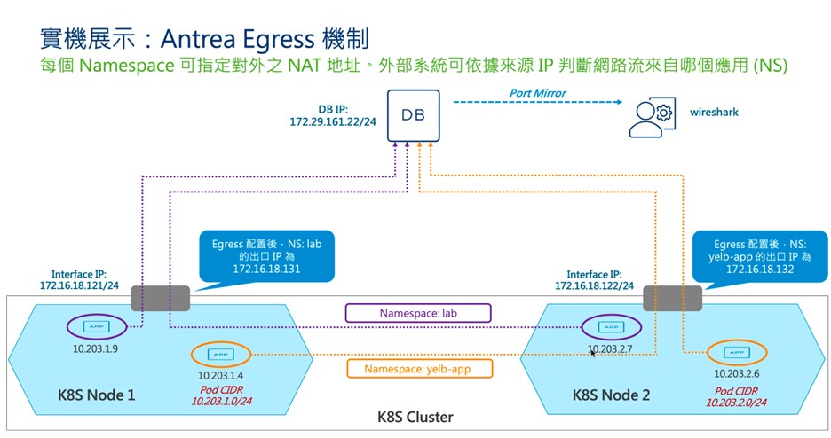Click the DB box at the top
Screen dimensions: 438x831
coord(414,115)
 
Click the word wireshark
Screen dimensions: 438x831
coord(714,113)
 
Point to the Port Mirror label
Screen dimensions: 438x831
coord(537,92)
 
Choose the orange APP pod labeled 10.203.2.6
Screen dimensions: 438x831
coord(733,353)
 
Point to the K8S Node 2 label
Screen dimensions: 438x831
coord(613,395)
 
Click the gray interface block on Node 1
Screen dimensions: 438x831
coord(161,297)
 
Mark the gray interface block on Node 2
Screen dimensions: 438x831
coord(671,297)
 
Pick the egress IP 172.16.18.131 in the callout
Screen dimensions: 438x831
coord(267,267)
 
